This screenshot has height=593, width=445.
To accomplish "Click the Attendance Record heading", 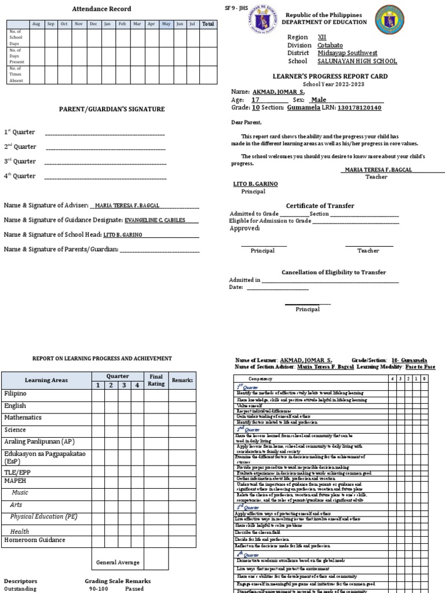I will point(101,9).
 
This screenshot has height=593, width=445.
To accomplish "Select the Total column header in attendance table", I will point(207,24).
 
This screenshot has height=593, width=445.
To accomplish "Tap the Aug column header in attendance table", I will point(36,24).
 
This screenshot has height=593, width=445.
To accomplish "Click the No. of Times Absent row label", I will point(15,75).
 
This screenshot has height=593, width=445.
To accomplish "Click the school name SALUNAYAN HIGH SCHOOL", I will point(357,61).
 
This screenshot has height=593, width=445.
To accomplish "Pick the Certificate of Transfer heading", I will point(320,206).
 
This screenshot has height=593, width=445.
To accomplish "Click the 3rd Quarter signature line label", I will point(20,162).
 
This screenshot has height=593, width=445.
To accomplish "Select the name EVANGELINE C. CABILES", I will point(161,220).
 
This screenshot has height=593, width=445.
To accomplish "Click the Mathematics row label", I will point(23,418).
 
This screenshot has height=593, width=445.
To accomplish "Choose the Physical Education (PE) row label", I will point(43,517).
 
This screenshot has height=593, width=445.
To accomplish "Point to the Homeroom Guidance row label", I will point(35,540).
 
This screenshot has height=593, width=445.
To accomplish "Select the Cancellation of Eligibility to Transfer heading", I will point(334,272).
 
